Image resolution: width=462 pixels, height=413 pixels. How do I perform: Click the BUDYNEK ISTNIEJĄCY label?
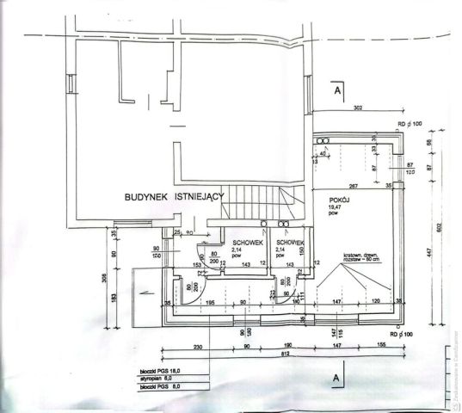click(x=175, y=196)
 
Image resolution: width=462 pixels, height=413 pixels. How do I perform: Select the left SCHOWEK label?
click(x=247, y=243)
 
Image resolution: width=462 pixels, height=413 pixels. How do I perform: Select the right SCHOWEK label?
click(x=290, y=243)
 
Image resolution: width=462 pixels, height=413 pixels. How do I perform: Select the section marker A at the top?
click(x=338, y=89)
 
